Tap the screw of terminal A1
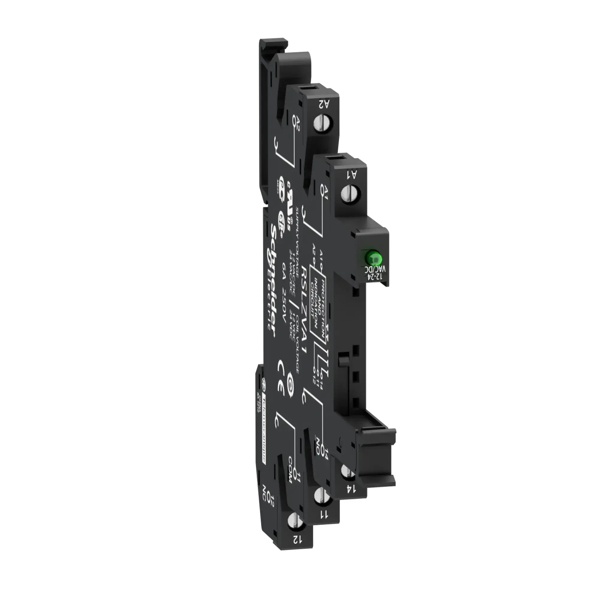tap(347, 193)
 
